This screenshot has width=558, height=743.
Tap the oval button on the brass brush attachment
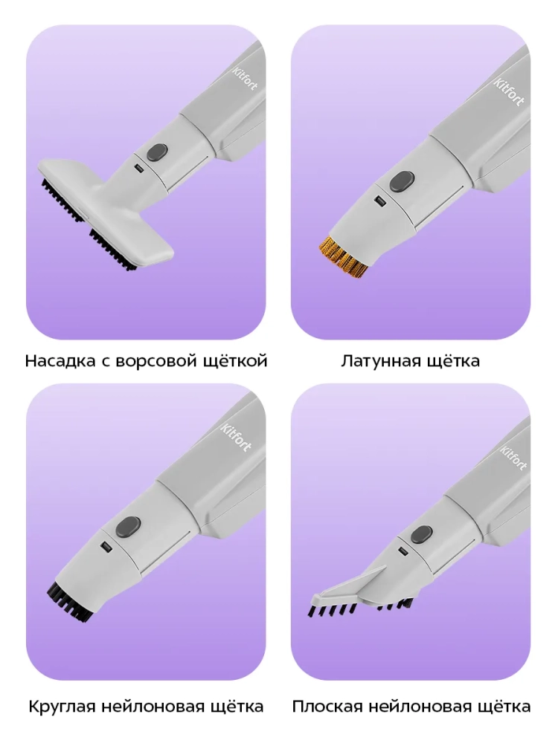402,181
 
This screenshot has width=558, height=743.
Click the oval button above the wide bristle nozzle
157,152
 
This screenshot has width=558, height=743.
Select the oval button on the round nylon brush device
128,527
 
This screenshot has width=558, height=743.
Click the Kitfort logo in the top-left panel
246,78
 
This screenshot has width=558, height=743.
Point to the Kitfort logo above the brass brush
509,92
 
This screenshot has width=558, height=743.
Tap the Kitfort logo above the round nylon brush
237,437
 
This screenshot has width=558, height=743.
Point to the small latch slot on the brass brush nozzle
379,201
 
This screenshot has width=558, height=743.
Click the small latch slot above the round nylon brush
106,547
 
